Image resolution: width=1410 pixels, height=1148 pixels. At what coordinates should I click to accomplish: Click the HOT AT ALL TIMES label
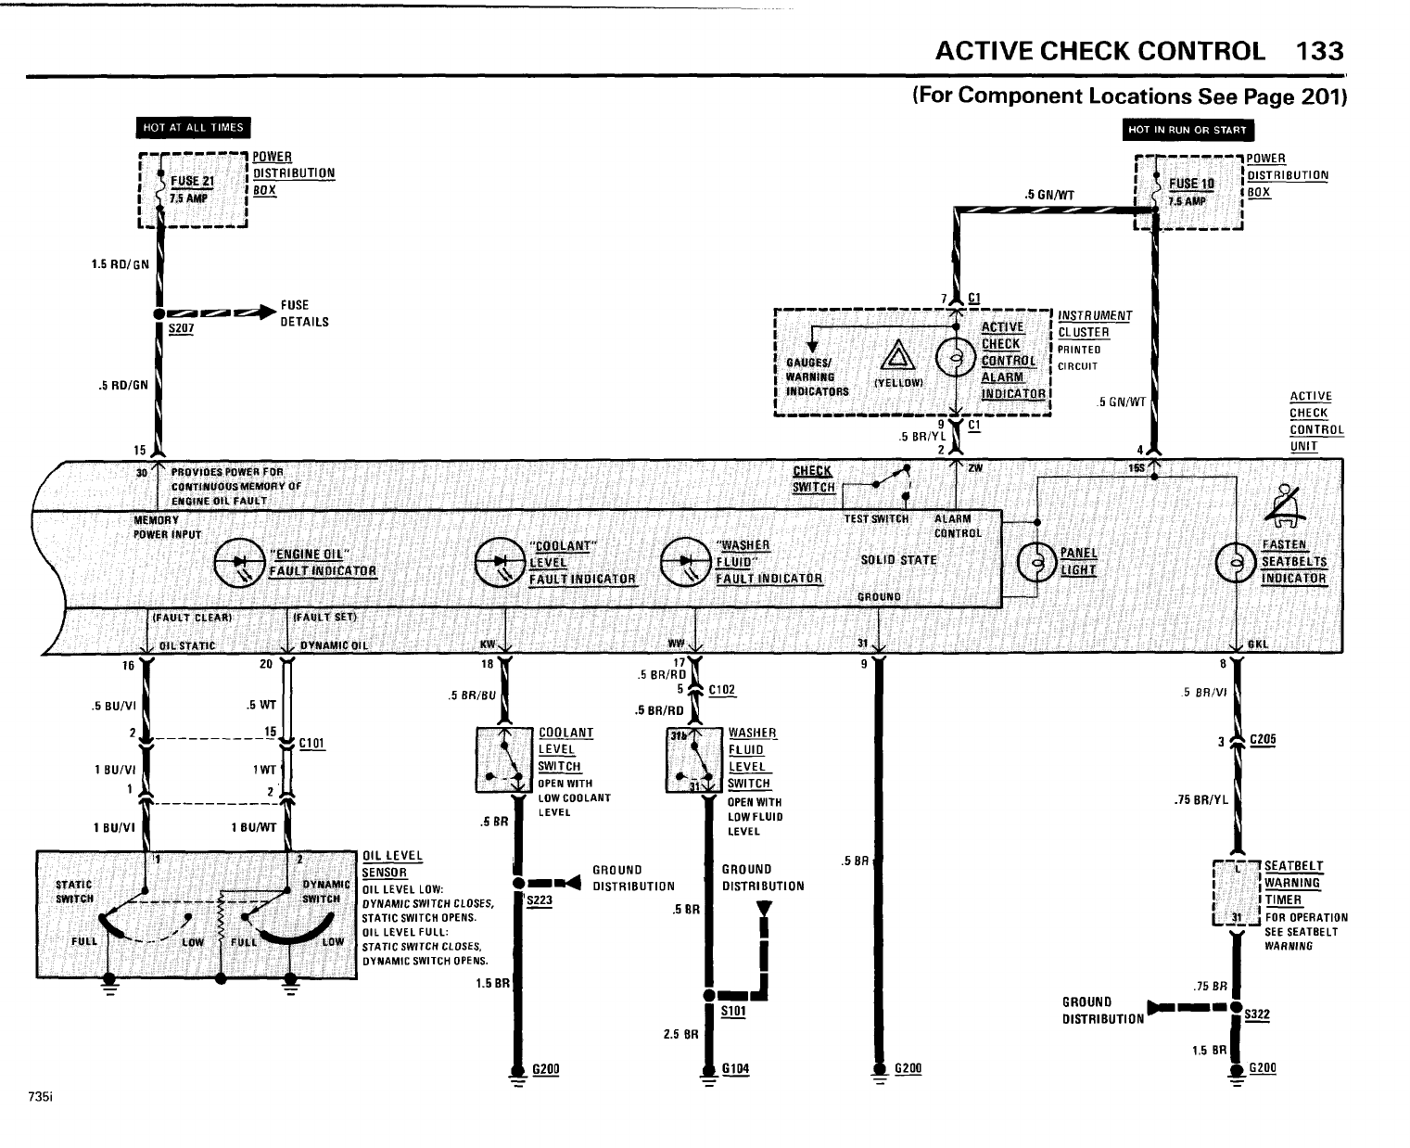(194, 128)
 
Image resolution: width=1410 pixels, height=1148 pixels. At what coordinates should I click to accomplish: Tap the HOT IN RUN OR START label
(1188, 130)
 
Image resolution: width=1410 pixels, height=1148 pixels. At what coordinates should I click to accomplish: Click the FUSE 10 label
(1191, 184)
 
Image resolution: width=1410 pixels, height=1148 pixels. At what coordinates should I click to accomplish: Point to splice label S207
(180, 328)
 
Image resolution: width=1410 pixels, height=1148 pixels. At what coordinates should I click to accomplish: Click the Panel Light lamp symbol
(1036, 561)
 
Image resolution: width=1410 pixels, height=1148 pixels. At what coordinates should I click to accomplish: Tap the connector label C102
(721, 690)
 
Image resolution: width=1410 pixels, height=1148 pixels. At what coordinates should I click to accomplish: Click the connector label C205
(1263, 739)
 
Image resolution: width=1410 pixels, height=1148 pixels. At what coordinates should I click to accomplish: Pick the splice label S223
(539, 899)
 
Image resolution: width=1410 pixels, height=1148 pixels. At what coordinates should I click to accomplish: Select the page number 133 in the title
(1318, 51)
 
